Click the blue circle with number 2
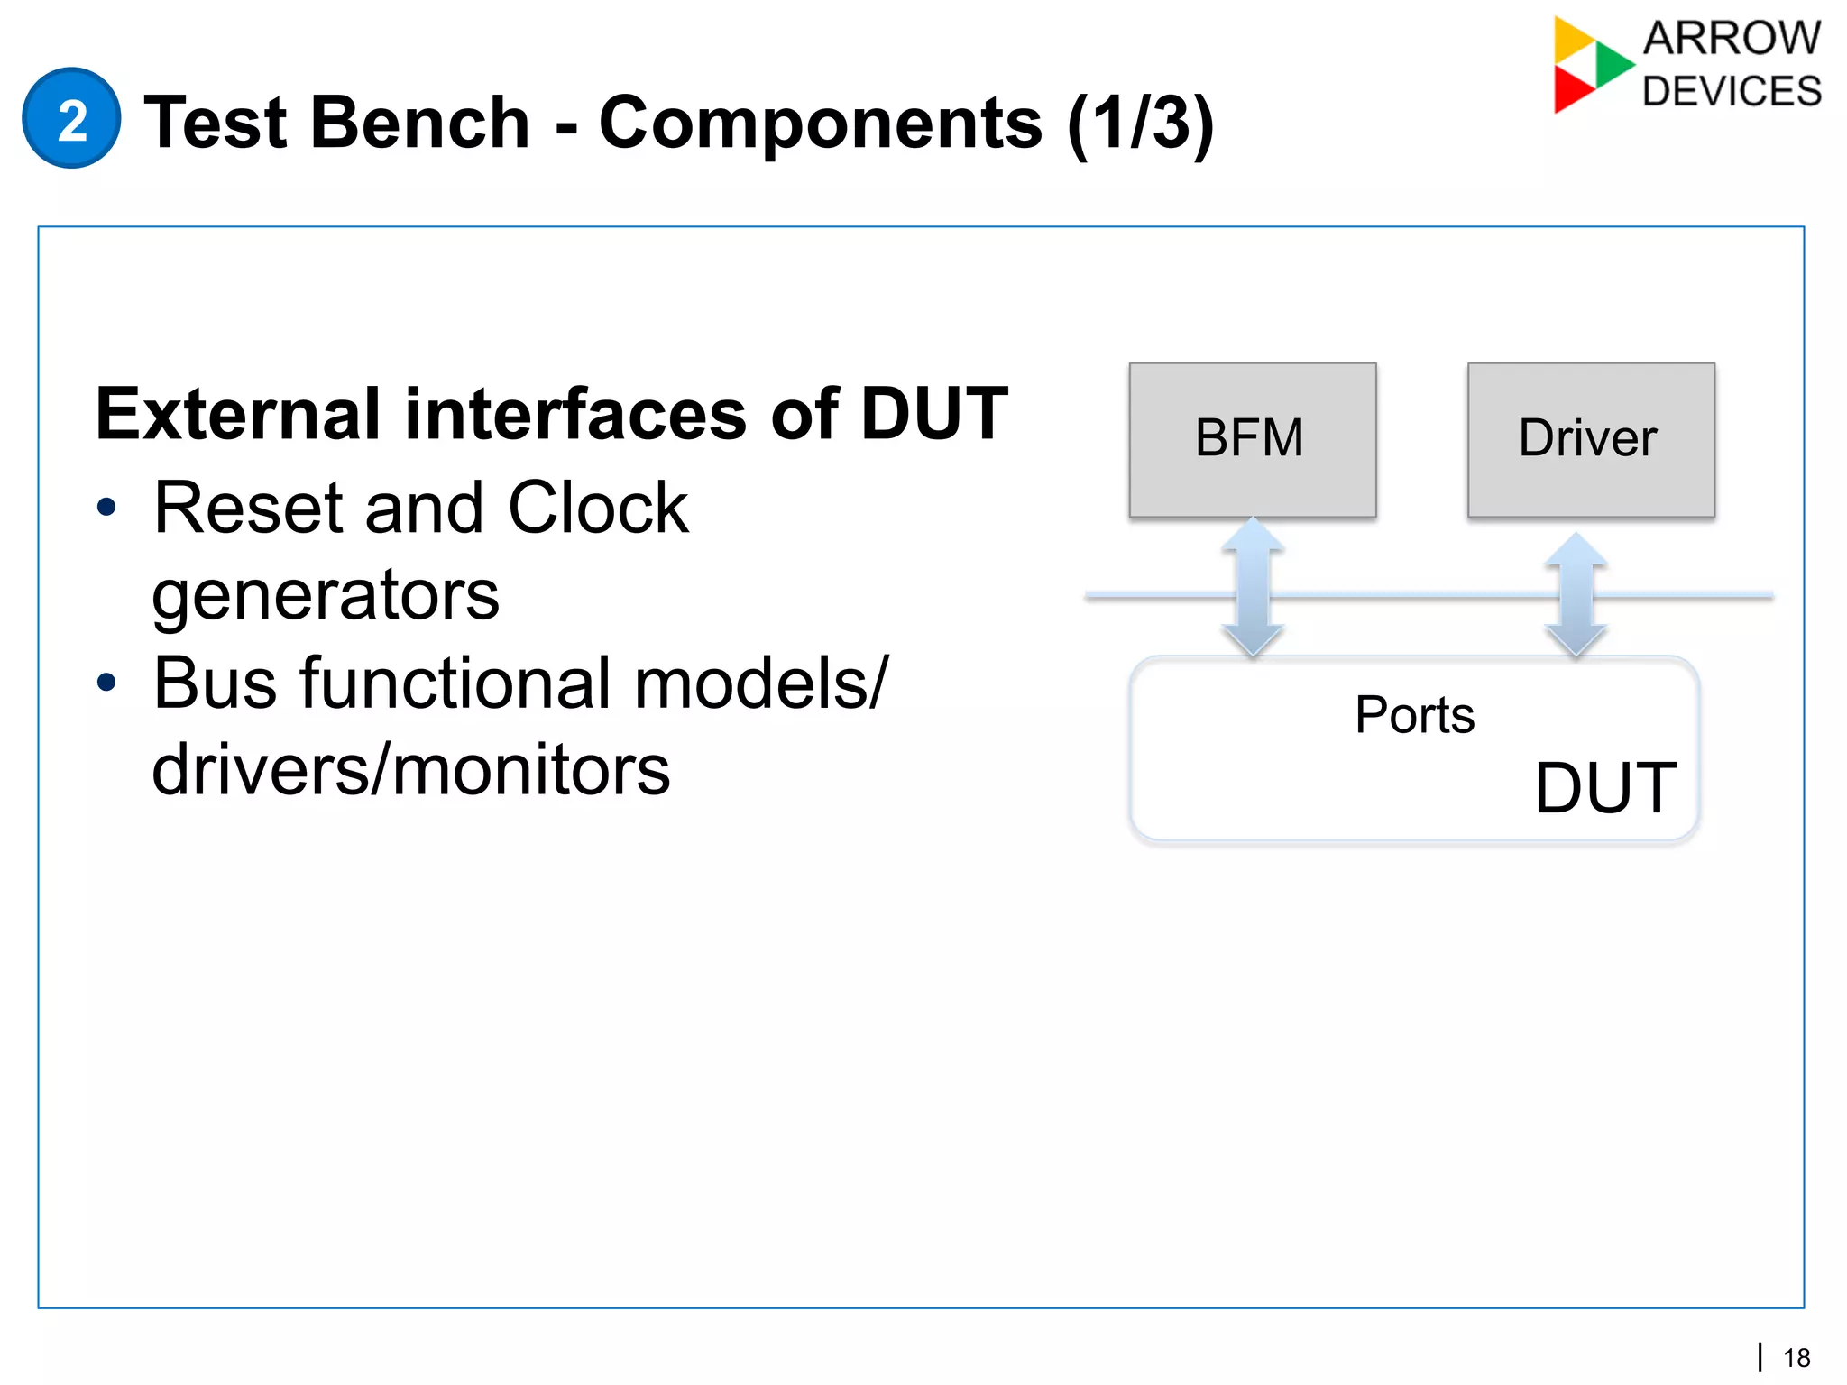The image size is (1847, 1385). (x=71, y=118)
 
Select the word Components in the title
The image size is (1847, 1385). (x=821, y=123)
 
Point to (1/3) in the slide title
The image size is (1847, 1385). (x=1140, y=123)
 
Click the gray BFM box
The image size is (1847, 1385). (x=1252, y=439)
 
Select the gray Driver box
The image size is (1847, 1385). (x=1590, y=439)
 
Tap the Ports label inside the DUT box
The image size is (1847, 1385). (x=1414, y=715)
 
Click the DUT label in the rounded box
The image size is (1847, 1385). (x=1605, y=788)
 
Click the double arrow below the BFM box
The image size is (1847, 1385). (x=1253, y=587)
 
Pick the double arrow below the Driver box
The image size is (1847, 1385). (x=1576, y=595)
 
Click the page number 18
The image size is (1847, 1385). (x=1796, y=1358)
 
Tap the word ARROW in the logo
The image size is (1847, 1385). (x=1732, y=39)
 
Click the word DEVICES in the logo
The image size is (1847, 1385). (x=1732, y=92)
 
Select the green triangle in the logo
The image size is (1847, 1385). (x=1612, y=63)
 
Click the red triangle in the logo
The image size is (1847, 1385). (x=1571, y=89)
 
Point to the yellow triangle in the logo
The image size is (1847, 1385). (x=1571, y=38)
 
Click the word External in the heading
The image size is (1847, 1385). (x=239, y=414)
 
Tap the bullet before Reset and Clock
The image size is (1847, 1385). (x=106, y=507)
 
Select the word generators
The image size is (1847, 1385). (x=325, y=594)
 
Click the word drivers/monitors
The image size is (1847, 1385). (x=411, y=770)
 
